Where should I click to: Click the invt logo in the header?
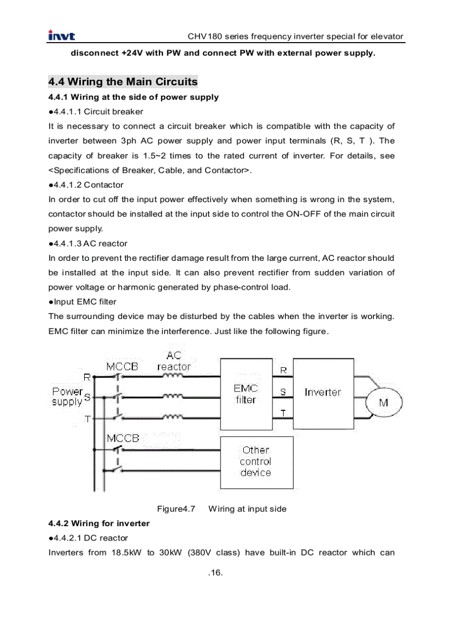pos(61,37)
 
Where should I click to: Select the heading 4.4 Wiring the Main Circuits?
pos(122,82)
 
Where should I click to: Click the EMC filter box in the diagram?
pos(246,394)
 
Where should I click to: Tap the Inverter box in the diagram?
pos(323,392)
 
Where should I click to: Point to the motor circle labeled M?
pos(383,403)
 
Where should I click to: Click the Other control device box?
pos(256,461)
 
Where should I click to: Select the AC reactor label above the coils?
pos(173,361)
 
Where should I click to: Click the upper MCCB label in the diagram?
pos(122,367)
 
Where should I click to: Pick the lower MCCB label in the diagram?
pos(122,438)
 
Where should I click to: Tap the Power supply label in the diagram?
pos(67,396)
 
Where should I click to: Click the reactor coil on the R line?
pos(173,376)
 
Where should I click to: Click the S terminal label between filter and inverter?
pos(283,392)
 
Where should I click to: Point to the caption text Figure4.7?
pos(176,508)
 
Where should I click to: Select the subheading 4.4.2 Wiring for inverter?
pos(99,523)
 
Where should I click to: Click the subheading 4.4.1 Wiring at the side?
pos(133,97)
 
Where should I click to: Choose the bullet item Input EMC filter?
pos(83,302)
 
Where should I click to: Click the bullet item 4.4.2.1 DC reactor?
pos(88,538)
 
